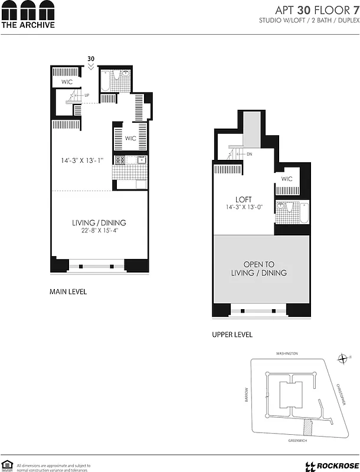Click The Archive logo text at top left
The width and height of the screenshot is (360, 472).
pos(28,25)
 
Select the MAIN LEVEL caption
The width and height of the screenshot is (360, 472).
pos(68,291)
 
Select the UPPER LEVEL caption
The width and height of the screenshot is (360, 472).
pos(232,335)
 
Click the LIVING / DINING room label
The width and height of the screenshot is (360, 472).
pos(99,222)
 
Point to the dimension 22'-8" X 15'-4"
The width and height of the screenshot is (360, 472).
pos(99,231)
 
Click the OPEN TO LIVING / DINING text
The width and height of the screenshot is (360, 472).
pos(260,268)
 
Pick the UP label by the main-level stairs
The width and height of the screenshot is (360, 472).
pos(87,95)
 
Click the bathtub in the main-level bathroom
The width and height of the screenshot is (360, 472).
pos(105,81)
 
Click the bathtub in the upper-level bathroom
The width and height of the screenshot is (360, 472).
pos(303,213)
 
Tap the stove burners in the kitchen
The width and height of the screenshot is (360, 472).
pos(120,160)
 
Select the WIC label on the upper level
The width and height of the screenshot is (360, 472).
pos(287,179)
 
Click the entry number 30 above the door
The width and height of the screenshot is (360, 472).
pos(91,58)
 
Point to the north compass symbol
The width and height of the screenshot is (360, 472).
pos(342,358)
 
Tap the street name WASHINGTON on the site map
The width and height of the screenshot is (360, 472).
pos(287,353)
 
